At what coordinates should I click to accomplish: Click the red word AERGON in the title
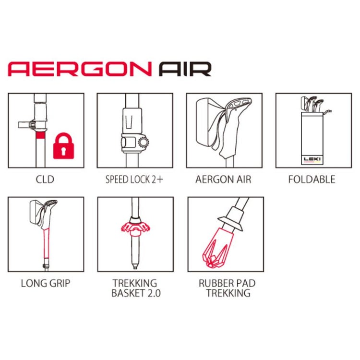coord(80,69)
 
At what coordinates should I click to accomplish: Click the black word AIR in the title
coord(185,69)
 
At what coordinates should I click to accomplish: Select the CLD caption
coord(45,180)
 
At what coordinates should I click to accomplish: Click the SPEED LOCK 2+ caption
coord(134,180)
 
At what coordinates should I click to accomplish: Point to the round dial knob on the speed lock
coord(143,142)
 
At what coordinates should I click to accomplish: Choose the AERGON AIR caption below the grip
coord(223,180)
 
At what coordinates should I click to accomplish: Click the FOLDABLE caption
coord(312,180)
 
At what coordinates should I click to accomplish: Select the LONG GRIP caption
coord(45,283)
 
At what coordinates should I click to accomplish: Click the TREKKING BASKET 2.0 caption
coord(134,288)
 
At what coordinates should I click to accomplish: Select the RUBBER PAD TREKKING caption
coord(228,288)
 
